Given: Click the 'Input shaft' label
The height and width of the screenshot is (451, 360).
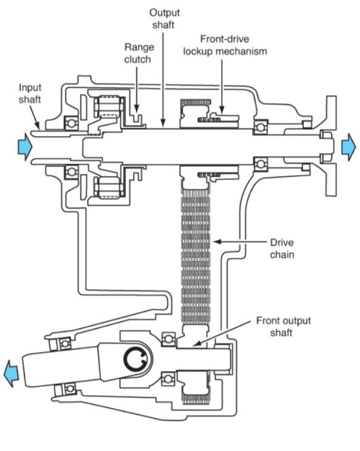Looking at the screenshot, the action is coord(30,94).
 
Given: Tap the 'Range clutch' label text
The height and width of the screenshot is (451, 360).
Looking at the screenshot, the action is coord(139,53).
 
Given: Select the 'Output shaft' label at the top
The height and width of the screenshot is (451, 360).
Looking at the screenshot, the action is coord(164,19).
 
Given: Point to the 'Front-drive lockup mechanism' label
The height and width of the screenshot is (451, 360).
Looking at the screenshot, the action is coord(225,45).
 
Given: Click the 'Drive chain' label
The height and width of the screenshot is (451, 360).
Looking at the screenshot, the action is coord(282,248).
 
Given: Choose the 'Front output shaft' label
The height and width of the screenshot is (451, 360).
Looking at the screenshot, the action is coord(284,327).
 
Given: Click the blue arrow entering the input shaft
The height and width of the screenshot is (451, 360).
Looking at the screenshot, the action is coord(24,147).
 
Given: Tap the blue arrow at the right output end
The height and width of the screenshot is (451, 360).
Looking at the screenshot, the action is coord(348,147).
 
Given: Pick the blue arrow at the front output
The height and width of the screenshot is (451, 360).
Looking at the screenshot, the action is coord(11,373).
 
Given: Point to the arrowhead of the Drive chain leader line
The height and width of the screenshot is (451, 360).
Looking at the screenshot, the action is coord(217,242).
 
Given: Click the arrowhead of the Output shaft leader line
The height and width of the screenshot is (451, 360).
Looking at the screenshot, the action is coord(163,123).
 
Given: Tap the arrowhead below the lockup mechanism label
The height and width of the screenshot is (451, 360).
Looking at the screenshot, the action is coord(222,109).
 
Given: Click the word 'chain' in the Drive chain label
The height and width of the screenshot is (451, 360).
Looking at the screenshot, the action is coord(282,255).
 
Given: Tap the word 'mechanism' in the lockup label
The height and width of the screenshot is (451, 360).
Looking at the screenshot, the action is coord(242,52).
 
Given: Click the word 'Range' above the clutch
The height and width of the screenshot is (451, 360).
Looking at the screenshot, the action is coord(140,47).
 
